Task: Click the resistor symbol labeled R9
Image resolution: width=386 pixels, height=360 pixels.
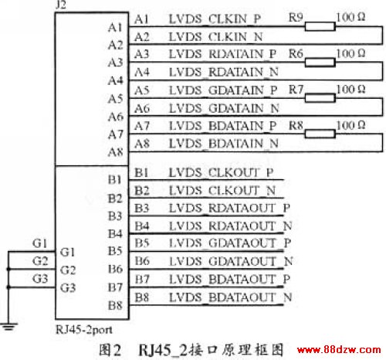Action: [x=320, y=26]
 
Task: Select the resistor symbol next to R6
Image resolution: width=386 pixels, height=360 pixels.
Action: [x=320, y=63]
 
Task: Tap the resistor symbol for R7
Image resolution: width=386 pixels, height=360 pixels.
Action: [x=320, y=98]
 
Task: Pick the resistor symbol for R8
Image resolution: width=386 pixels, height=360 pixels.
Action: [x=320, y=134]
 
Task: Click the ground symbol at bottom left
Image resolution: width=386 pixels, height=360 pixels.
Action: [x=9, y=327]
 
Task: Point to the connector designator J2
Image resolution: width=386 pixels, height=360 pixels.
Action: [x=61, y=5]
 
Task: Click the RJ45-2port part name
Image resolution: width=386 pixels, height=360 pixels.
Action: [x=84, y=329]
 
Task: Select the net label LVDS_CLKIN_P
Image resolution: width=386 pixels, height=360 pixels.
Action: [x=215, y=19]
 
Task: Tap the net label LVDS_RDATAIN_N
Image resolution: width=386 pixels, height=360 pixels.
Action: [x=224, y=72]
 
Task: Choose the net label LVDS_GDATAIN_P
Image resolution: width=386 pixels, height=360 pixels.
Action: [x=223, y=90]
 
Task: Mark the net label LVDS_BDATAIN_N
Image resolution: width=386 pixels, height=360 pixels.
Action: [x=224, y=143]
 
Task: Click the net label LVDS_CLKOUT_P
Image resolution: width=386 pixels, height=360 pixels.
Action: [x=221, y=172]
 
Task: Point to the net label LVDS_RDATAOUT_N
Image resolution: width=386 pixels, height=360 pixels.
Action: [x=230, y=226]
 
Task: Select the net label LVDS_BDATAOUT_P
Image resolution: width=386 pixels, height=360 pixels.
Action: [x=229, y=279]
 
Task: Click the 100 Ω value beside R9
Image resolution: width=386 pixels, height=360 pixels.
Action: [x=350, y=17]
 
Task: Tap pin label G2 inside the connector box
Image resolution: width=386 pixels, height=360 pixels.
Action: [x=68, y=270]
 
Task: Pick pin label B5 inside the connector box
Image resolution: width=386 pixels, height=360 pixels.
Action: [x=115, y=251]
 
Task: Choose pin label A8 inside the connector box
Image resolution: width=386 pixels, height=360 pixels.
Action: [x=116, y=152]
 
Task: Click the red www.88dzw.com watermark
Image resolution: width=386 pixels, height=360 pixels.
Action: [x=339, y=350]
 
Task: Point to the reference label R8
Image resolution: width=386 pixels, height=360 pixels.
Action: [x=296, y=126]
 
